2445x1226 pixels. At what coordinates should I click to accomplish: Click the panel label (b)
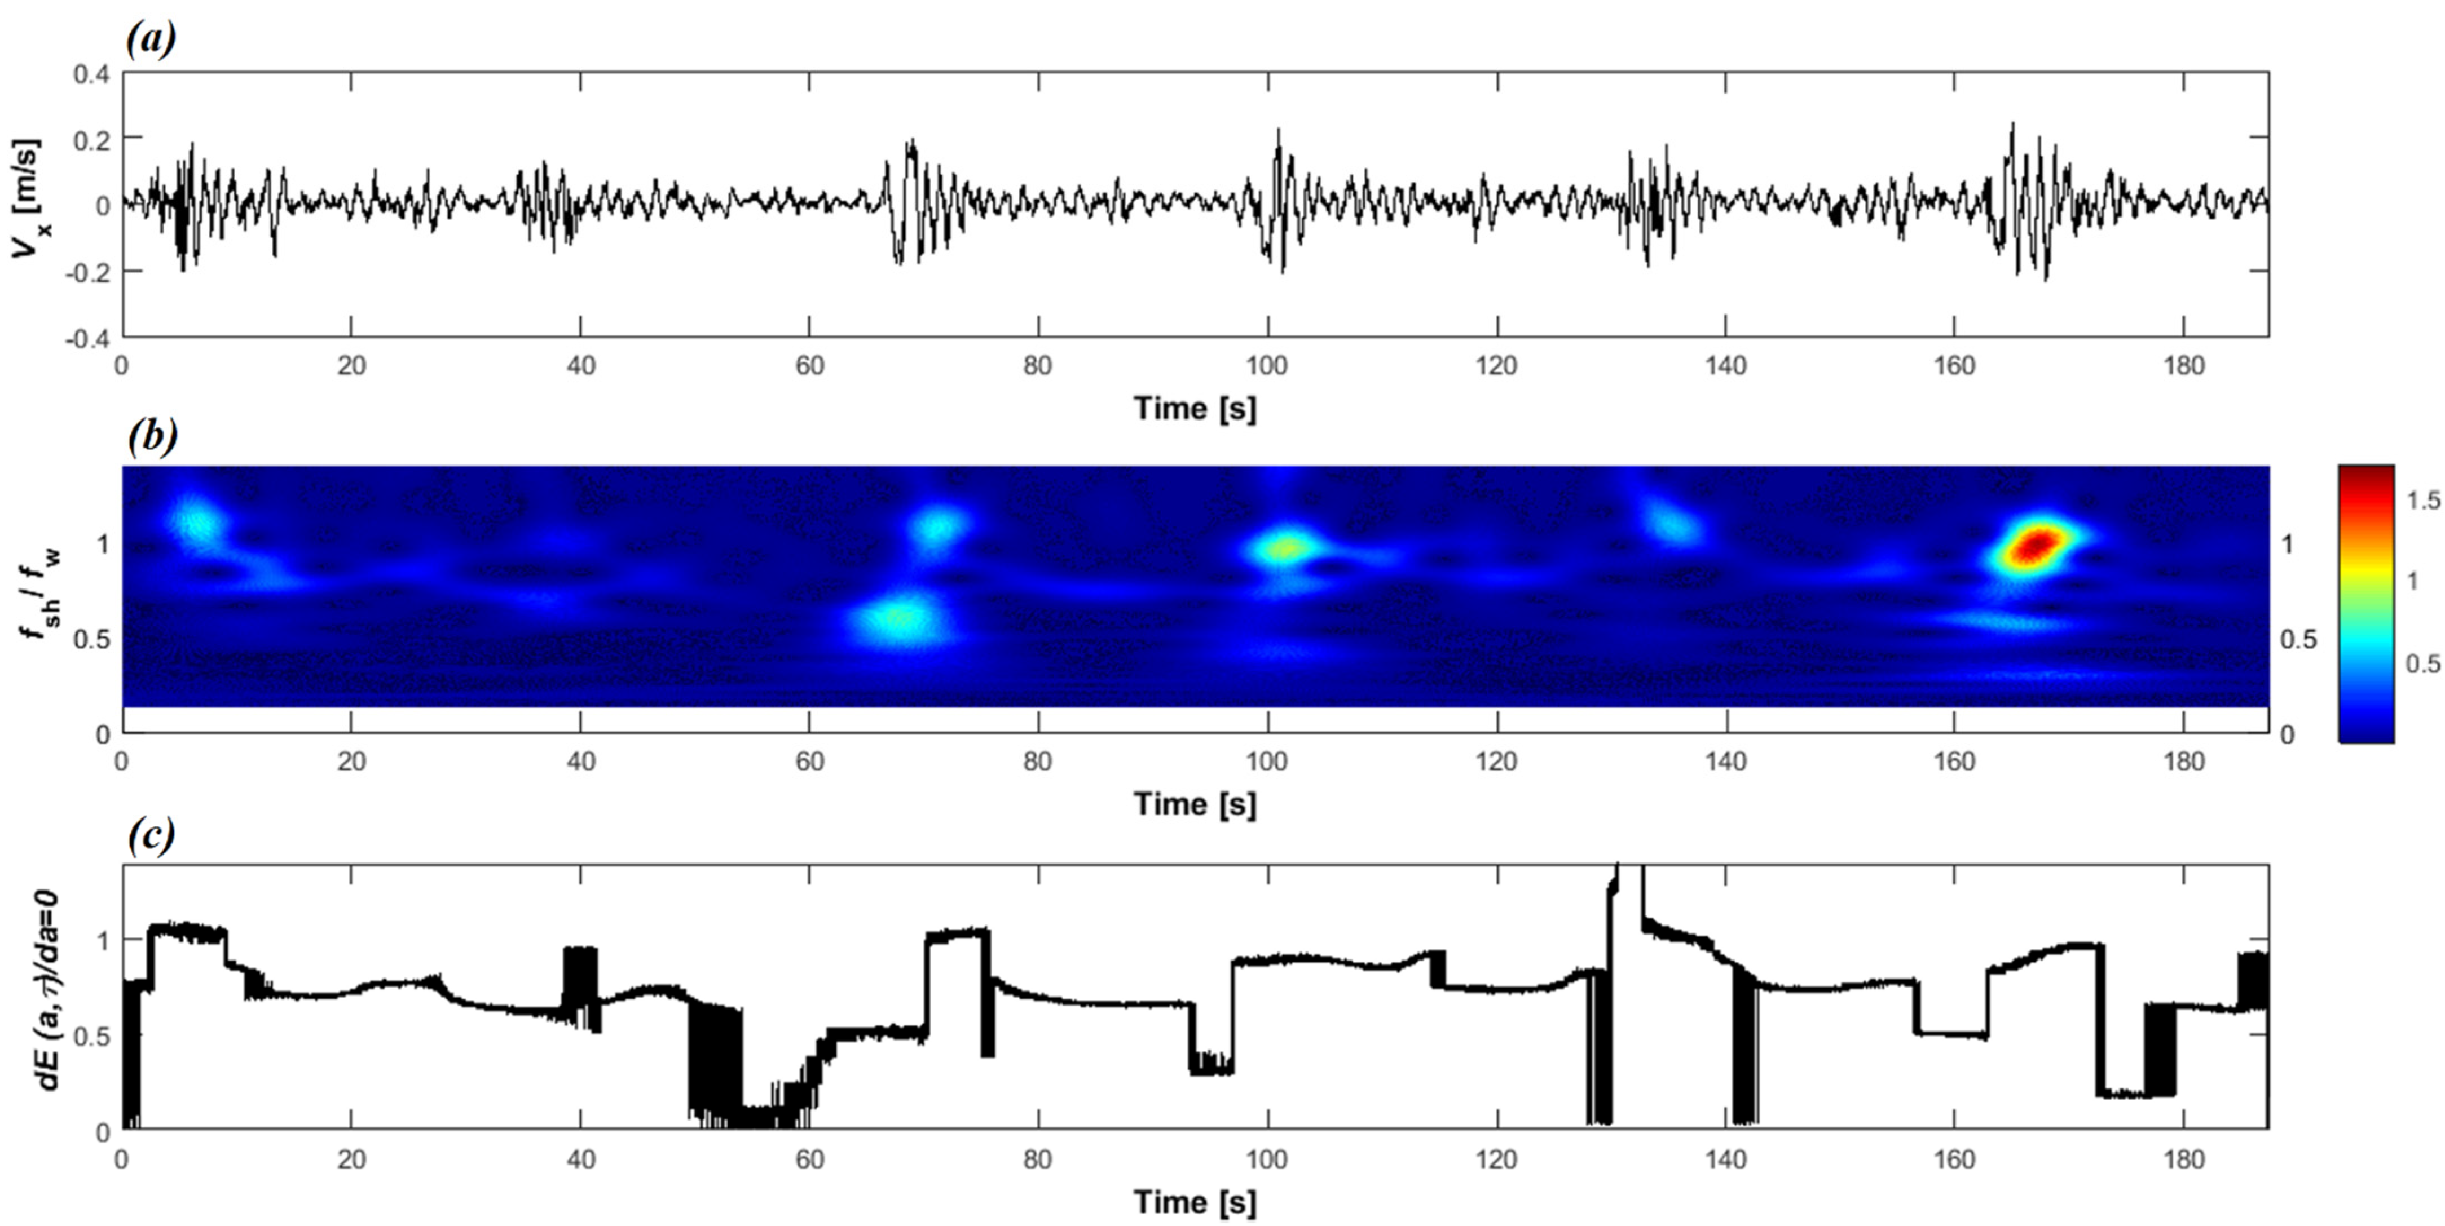click(152, 436)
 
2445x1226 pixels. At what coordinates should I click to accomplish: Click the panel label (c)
click(151, 834)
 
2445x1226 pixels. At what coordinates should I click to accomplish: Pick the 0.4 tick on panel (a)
click(91, 73)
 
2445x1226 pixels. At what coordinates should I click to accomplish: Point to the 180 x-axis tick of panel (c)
click(2183, 1159)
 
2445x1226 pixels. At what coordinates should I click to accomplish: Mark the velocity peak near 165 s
click(2011, 125)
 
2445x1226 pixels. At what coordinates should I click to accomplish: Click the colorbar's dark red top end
click(2365, 472)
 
